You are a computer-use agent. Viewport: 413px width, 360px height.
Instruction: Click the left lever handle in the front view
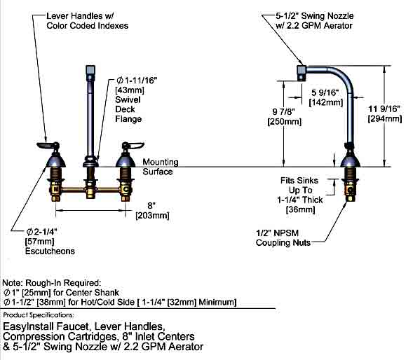pyautogui.click(x=48, y=145)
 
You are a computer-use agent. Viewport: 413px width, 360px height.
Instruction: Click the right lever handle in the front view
pyautogui.click(x=133, y=145)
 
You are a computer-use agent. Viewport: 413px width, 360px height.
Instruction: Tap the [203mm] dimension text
pyautogui.click(x=152, y=216)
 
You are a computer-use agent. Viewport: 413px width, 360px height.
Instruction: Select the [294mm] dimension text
pyautogui.click(x=385, y=119)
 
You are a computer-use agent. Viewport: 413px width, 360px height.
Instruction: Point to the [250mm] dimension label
pyautogui.click(x=285, y=122)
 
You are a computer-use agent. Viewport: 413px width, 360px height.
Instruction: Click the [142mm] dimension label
pyautogui.click(x=326, y=102)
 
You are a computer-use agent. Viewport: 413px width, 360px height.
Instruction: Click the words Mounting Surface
pyautogui.click(x=161, y=167)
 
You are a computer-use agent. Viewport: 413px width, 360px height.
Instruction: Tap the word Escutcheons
pyautogui.click(x=50, y=251)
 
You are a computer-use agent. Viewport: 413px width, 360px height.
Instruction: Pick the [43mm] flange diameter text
pyautogui.click(x=130, y=90)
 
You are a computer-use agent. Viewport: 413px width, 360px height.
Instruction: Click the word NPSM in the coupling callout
pyautogui.click(x=286, y=233)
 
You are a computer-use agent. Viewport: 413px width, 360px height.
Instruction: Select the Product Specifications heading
pyautogui.click(x=39, y=315)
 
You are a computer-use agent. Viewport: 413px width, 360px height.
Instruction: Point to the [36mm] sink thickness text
pyautogui.click(x=300, y=209)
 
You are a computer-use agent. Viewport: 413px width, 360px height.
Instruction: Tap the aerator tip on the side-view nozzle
pyautogui.click(x=302, y=73)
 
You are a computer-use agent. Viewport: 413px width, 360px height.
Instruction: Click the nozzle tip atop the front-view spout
pyautogui.click(x=90, y=70)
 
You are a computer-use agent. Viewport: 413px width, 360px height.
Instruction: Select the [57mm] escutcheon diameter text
pyautogui.click(x=39, y=242)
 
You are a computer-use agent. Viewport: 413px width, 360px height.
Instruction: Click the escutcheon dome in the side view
pyautogui.click(x=350, y=161)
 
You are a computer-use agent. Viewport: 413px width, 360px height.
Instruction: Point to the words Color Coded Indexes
pyautogui.click(x=88, y=26)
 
